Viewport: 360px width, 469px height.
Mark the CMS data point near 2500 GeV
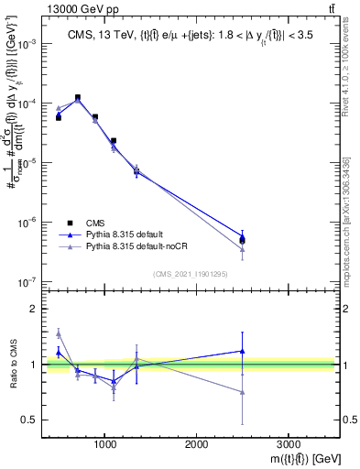pyautogui.click(x=242, y=240)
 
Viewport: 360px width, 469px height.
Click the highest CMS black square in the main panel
pyautogui.click(x=77, y=97)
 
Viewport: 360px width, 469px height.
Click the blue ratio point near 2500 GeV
pyautogui.click(x=242, y=351)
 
